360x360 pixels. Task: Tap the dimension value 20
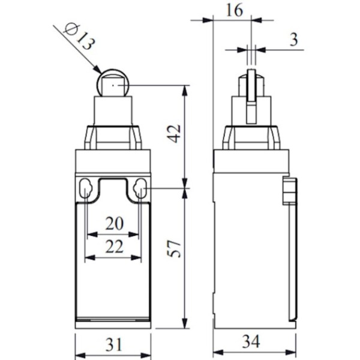[x=114, y=224]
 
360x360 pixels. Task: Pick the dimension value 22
[x=114, y=246]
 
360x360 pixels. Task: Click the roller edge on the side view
[x=251, y=84]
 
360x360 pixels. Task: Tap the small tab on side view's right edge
[x=289, y=191]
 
